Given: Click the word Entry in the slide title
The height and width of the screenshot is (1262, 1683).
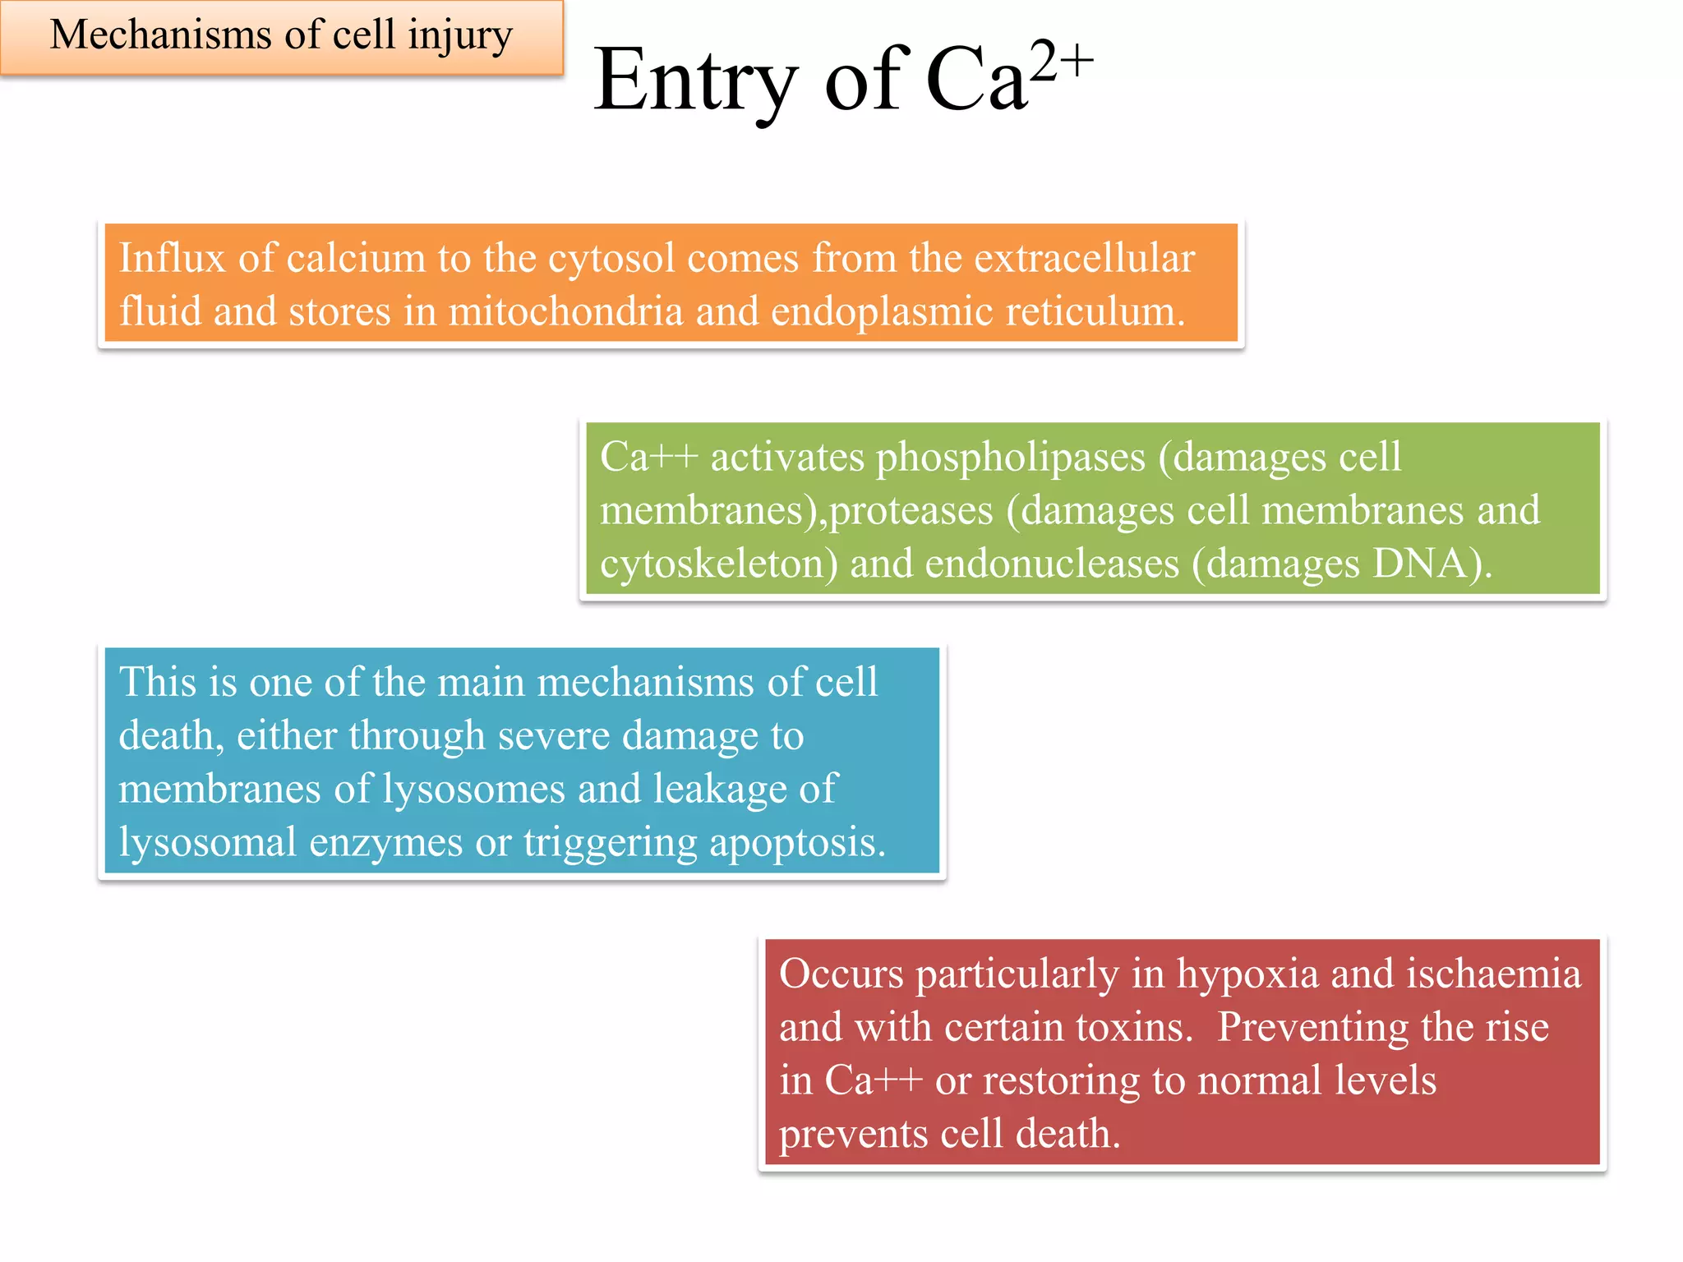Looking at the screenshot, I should click(x=695, y=82).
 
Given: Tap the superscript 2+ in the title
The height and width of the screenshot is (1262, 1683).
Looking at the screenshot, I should click(x=1062, y=61).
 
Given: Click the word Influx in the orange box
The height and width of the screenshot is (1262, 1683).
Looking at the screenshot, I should click(x=172, y=258).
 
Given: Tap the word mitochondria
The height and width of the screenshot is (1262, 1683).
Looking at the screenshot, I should click(x=565, y=311).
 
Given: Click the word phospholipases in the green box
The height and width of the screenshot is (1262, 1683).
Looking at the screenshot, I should click(x=1010, y=457).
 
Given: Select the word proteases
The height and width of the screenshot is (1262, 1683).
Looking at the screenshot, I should click(x=911, y=511).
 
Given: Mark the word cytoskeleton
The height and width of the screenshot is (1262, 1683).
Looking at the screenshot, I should click(x=719, y=564).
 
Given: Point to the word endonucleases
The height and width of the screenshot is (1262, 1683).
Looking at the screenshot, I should click(x=1052, y=564).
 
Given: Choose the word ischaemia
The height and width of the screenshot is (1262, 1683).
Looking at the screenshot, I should click(x=1493, y=974).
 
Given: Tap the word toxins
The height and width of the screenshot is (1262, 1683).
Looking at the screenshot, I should click(x=1134, y=1027).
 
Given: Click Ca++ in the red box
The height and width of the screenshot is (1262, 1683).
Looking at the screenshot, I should click(x=873, y=1080).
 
